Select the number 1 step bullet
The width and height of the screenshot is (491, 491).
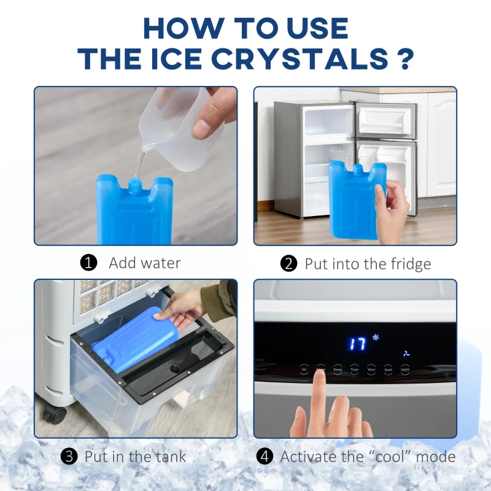tap(89, 263)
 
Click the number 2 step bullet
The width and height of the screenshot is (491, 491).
tap(288, 264)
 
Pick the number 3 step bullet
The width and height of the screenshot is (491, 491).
tap(69, 457)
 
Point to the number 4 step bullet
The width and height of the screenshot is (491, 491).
tap(265, 457)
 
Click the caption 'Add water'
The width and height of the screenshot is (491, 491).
tap(145, 263)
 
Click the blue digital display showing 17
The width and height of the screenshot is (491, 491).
tap(358, 343)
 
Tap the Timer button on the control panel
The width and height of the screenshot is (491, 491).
tap(354, 369)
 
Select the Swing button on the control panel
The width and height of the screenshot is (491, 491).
tap(338, 369)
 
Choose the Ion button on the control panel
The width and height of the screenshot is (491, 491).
tap(304, 369)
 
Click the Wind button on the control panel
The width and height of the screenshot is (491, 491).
tap(371, 369)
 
